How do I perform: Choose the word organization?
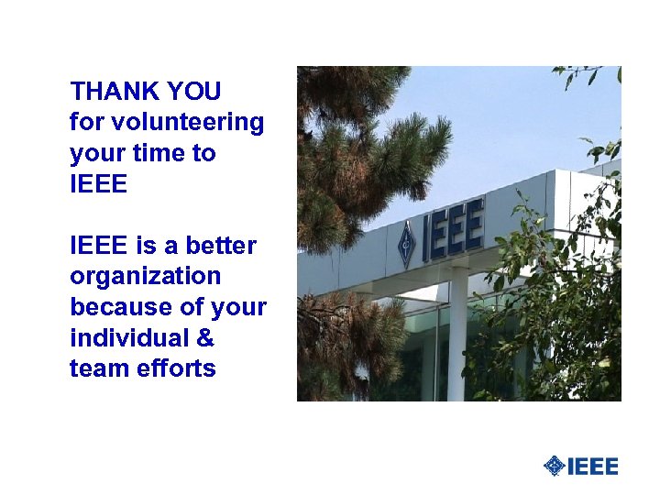145,277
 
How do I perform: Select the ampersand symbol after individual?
205,338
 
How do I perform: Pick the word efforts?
174,369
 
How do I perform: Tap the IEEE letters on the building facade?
452,232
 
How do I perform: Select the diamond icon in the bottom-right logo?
554,467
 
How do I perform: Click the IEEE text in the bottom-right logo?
593,467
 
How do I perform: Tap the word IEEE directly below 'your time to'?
98,184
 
